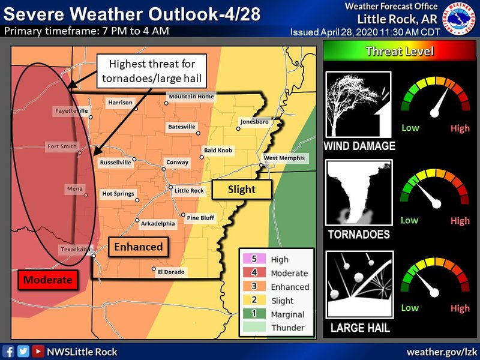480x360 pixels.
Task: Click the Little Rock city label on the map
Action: point(189,191)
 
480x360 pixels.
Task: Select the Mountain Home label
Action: point(191,97)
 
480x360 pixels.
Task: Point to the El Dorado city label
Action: point(171,272)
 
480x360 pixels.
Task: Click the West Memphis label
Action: point(284,158)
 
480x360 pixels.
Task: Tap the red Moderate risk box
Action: point(48,280)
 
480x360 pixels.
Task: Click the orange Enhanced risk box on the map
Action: point(139,247)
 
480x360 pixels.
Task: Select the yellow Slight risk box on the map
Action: point(242,189)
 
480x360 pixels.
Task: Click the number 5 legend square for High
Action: point(254,259)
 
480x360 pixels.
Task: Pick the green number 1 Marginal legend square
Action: point(254,314)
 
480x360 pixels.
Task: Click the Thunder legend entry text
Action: point(287,328)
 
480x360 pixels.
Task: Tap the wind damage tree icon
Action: point(358,104)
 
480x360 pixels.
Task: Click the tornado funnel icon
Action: point(358,193)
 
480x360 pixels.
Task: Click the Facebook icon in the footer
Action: point(8,352)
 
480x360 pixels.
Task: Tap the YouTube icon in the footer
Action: point(38,352)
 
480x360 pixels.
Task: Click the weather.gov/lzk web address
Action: point(441,352)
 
